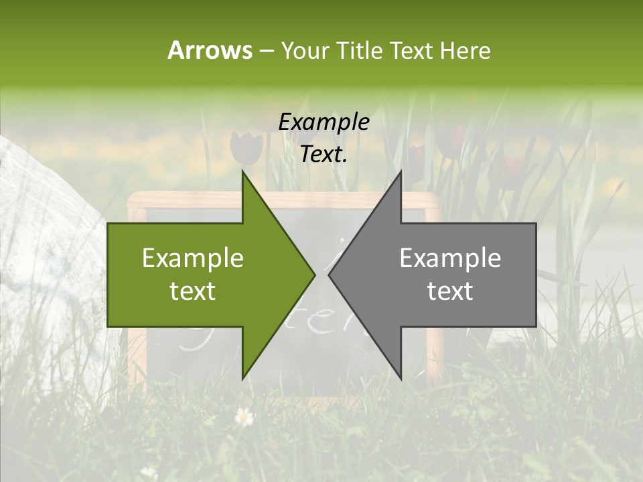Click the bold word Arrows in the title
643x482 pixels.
209,50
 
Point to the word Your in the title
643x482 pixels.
305,51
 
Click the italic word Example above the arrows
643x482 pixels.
324,122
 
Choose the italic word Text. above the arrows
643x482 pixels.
324,155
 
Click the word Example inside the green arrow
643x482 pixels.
193,258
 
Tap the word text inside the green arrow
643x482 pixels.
193,291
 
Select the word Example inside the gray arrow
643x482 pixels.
450,258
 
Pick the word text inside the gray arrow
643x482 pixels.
450,291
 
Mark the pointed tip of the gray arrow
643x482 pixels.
330,274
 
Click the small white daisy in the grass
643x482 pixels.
244,417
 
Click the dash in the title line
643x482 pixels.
266,51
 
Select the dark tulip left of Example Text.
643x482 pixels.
246,147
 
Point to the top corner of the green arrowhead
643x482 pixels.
242,172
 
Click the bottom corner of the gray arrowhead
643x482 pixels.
401,378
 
